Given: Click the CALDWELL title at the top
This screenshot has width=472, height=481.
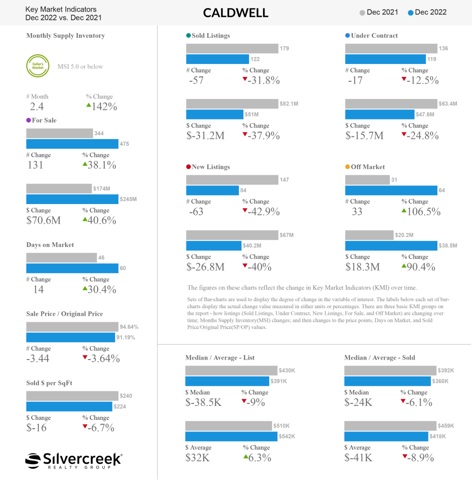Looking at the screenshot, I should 236,13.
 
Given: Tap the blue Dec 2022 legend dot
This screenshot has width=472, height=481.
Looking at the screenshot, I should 410,13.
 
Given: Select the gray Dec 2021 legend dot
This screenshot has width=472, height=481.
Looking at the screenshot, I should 362,13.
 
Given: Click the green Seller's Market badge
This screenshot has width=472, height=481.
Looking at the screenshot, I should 37,66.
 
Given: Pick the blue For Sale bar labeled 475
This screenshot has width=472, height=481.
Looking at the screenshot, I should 72,144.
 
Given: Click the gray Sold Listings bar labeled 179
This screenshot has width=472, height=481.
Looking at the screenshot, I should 232,49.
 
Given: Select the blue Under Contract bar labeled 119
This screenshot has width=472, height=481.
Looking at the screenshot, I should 385,59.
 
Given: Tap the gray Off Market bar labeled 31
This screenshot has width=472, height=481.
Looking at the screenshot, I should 367,180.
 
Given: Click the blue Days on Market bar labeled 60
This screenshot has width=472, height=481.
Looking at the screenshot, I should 72,268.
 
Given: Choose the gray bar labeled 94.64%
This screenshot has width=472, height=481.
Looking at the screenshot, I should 72,326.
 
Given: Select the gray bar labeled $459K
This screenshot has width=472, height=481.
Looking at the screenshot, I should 390,426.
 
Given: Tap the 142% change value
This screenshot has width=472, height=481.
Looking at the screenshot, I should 104,106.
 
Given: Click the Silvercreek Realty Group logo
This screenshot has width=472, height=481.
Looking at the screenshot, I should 73,460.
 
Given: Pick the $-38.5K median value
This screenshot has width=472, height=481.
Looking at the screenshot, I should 204,402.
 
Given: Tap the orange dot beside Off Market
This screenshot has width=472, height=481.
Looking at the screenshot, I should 347,167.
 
